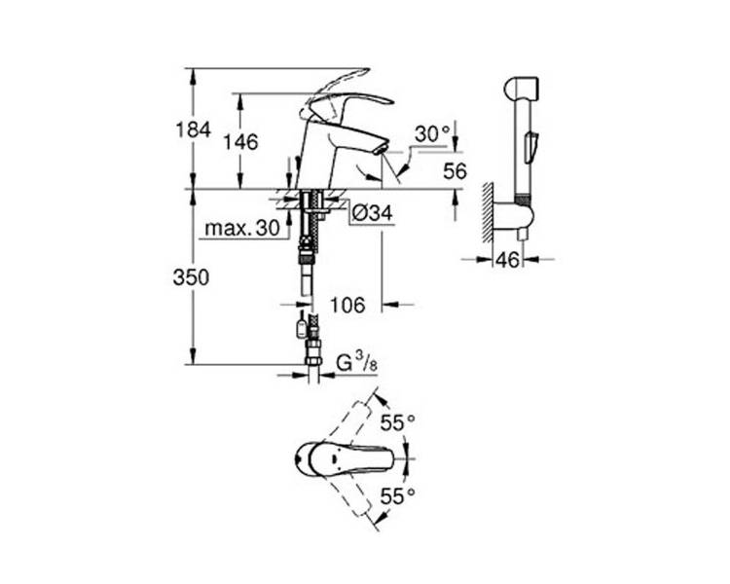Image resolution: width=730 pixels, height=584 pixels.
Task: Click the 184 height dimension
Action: coord(194,129)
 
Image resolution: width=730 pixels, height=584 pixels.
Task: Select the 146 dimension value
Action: coord(240,142)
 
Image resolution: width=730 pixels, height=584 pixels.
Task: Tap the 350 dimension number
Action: coord(192,278)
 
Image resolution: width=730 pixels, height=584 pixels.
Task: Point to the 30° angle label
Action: coord(432,134)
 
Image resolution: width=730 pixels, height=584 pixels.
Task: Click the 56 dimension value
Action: coord(455,171)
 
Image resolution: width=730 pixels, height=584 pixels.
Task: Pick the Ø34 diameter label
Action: coord(372,213)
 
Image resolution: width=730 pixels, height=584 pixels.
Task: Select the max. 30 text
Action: coord(242,228)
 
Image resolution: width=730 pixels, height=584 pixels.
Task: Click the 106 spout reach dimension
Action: coord(347,306)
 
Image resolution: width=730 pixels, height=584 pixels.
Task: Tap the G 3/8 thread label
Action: coord(356,362)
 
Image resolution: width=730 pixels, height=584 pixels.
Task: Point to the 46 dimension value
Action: coord(507,260)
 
